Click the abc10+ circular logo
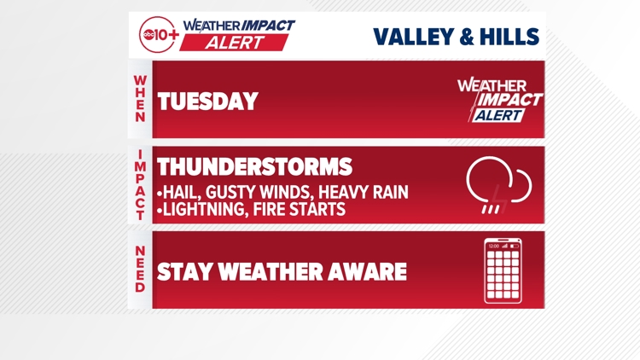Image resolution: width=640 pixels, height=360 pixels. click(159, 34)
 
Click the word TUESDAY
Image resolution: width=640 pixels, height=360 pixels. click(207, 102)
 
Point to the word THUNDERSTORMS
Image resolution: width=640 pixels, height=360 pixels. click(254, 166)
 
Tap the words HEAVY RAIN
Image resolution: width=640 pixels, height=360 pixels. click(363, 193)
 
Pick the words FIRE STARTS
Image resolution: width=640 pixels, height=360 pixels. click(304, 209)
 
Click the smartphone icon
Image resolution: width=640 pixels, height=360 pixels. click(503, 271)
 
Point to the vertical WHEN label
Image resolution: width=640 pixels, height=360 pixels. click(140, 99)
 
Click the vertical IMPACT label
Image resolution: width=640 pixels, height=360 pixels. click(140, 185)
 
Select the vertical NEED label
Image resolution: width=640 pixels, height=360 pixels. click(140, 270)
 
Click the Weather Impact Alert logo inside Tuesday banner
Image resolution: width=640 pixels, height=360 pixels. click(500, 100)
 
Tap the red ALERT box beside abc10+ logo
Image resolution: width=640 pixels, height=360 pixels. click(236, 42)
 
